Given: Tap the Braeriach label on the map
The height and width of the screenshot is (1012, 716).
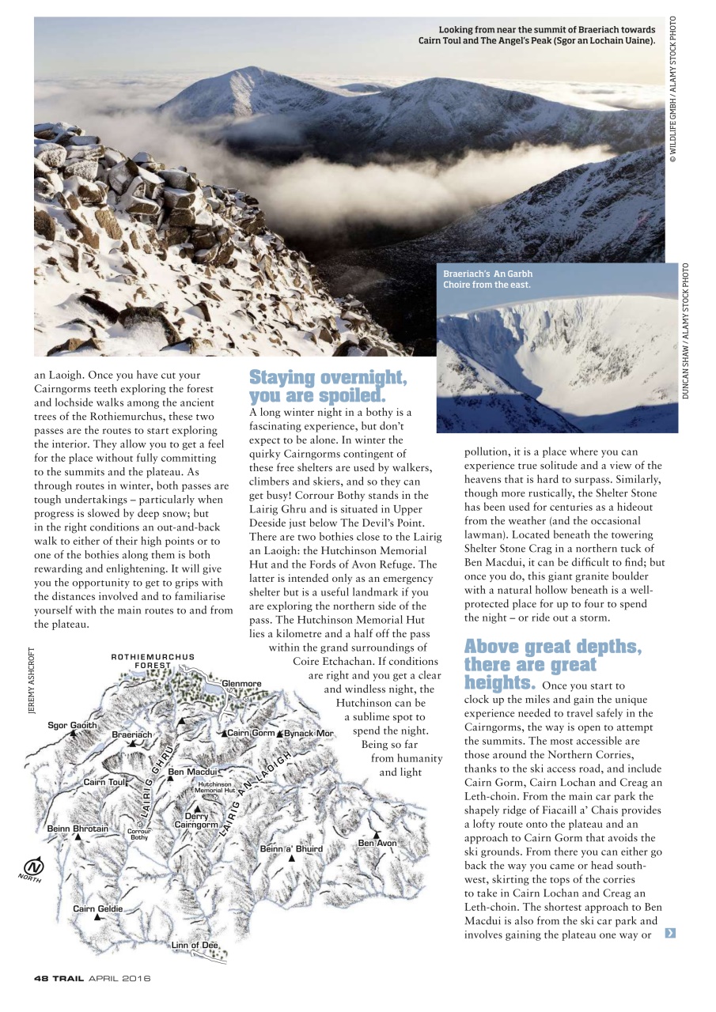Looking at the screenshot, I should point(132,734).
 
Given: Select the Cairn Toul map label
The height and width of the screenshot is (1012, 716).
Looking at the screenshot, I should point(105,782).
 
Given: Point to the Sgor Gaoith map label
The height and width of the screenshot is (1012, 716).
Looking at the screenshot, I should point(72,725).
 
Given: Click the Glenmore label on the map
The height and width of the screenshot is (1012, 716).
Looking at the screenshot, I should point(241,684).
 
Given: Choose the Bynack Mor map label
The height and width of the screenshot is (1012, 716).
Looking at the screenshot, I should point(309,733).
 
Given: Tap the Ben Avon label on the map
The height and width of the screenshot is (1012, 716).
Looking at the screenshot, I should point(377,843).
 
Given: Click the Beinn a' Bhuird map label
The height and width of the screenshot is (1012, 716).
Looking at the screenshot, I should point(291,848).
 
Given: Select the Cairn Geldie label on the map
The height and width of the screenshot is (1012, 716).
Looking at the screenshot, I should point(98,908).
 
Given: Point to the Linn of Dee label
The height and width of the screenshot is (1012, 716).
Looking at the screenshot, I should point(195,945).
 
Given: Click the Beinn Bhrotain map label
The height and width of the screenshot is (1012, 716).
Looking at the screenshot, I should point(78,828).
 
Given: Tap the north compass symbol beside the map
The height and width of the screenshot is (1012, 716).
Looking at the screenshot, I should point(32,866).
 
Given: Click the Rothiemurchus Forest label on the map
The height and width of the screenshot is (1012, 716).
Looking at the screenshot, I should point(152,661).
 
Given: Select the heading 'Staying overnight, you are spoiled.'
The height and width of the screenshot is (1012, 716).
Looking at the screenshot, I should point(328,386).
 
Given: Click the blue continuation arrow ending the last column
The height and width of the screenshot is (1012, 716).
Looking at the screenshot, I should point(670,934).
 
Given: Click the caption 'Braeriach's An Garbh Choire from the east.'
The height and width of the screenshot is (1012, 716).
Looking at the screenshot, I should point(487,279).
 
